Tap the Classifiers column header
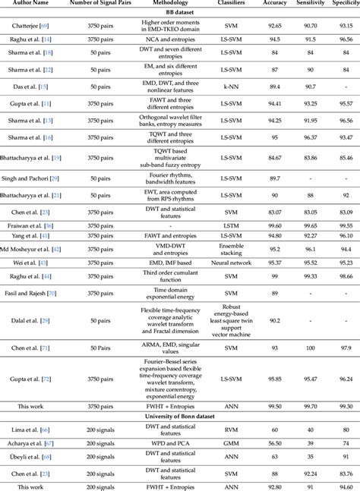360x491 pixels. [234, 5]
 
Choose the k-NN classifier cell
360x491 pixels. [234, 88]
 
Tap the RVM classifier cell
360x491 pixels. [234, 430]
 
